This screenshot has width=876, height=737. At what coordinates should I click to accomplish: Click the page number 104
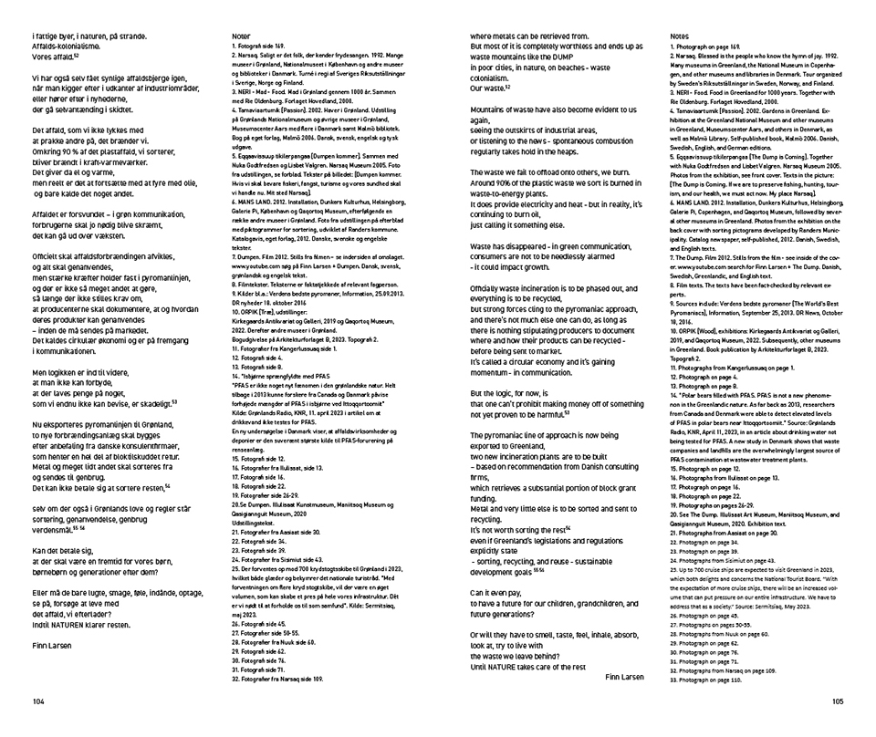click(37, 702)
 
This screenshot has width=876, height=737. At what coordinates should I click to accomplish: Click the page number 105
click(838, 702)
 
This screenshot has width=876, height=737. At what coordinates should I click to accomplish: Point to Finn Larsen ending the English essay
click(624, 678)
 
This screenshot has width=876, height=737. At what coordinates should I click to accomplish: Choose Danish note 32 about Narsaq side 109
click(277, 680)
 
